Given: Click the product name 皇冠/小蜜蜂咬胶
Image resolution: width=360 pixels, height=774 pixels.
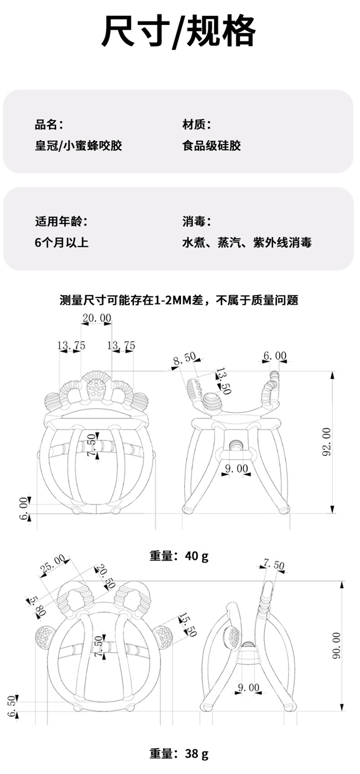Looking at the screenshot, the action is coord(78,146).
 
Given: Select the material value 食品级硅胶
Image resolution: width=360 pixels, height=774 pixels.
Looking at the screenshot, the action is coord(211,146).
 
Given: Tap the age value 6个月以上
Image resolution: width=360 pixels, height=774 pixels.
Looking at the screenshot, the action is coord(62,242).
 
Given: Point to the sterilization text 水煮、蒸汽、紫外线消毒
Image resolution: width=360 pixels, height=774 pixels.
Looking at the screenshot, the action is coord(247,242).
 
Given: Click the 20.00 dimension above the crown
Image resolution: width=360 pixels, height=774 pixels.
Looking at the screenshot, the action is coord(97,318).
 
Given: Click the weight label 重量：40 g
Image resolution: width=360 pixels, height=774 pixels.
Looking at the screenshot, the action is coord(179,556).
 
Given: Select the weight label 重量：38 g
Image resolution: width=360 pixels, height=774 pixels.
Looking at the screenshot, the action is coord(179,754).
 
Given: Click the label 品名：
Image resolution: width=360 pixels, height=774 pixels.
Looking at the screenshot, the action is coord(49,124).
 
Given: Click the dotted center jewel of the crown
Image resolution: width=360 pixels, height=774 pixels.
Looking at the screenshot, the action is coord(96,388).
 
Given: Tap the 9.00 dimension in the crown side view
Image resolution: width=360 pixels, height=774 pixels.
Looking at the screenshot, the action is coord(237,468).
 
